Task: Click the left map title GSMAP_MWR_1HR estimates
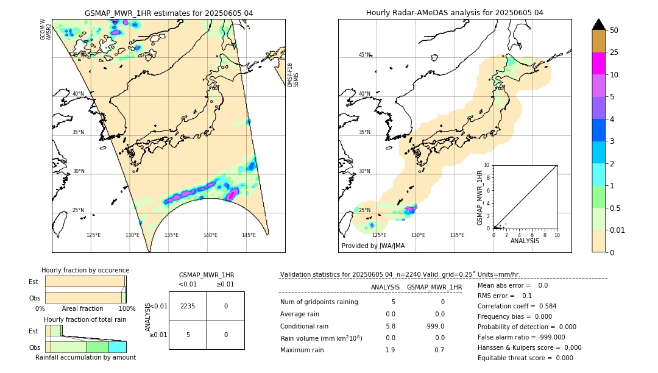click(169, 13)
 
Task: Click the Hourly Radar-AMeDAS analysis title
click(455, 13)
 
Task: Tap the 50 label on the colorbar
click(614, 30)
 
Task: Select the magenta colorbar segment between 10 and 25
click(598, 63)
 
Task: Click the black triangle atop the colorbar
click(598, 24)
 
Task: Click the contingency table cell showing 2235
click(188, 306)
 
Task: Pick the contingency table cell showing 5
click(188, 335)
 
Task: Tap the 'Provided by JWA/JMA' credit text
click(373, 246)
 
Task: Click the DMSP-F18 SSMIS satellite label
click(293, 75)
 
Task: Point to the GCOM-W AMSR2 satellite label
click(46, 29)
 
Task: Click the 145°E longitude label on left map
click(249, 235)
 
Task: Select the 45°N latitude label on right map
click(364, 55)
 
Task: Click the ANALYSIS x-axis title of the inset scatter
click(525, 241)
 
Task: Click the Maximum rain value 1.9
click(390, 350)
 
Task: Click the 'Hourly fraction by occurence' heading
click(85, 270)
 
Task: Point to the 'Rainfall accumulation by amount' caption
click(86, 357)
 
